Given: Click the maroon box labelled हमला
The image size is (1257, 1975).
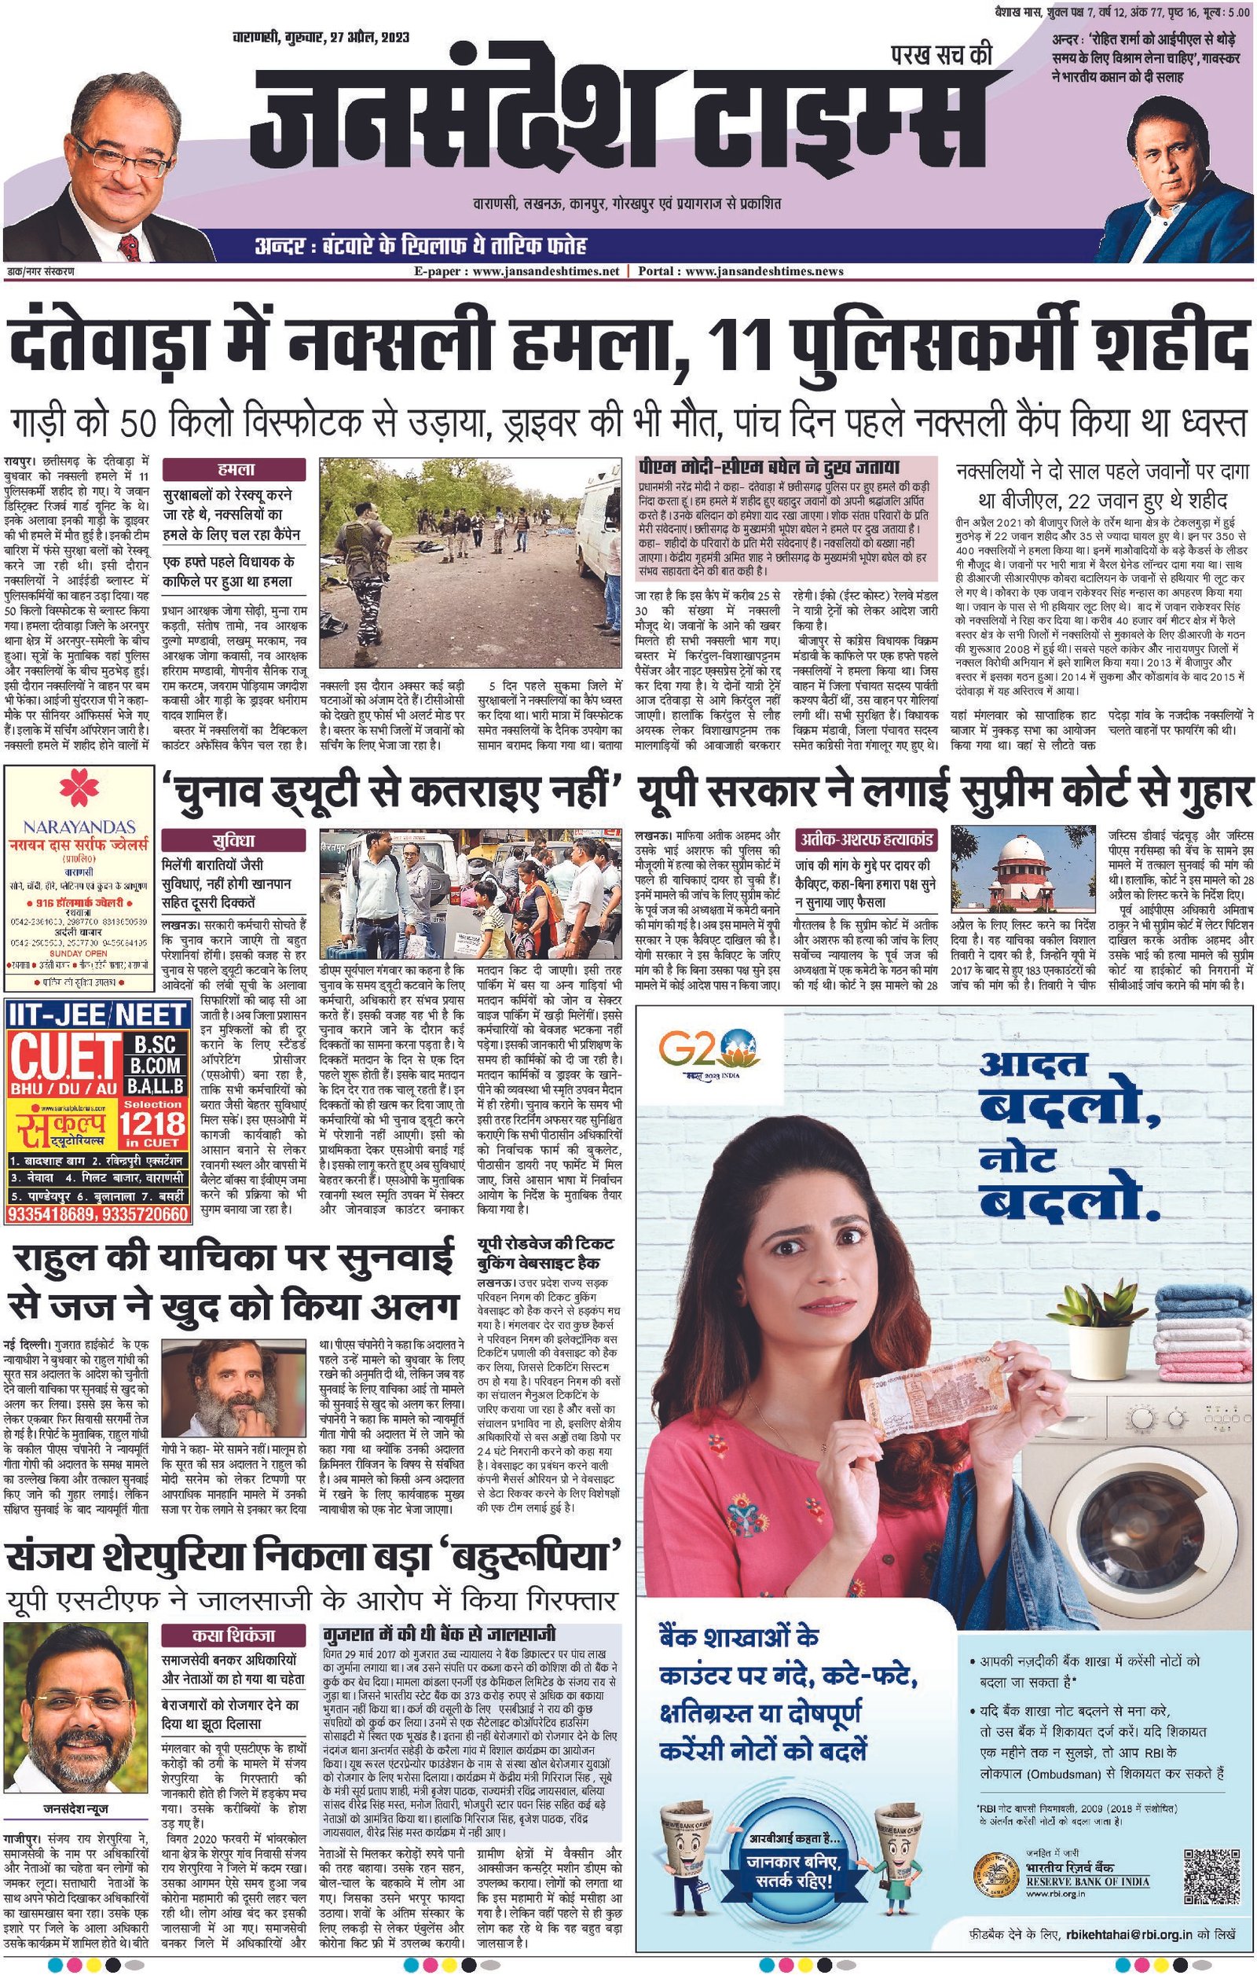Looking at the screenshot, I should point(233,469).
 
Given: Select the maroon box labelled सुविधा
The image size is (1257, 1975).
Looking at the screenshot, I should point(233,842).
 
